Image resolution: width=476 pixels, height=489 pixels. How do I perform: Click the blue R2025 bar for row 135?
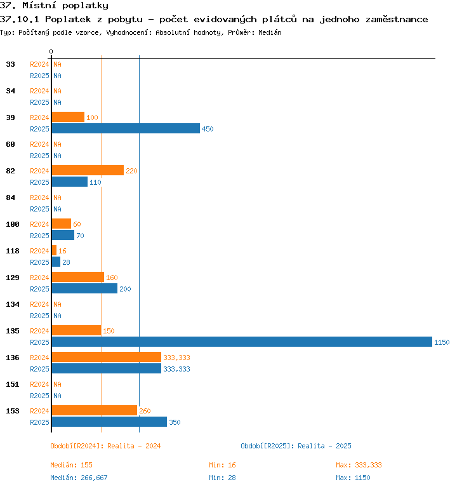click(x=242, y=342)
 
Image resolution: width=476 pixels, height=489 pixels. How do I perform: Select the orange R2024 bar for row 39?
click(x=68, y=117)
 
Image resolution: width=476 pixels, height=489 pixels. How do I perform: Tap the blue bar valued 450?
click(x=126, y=128)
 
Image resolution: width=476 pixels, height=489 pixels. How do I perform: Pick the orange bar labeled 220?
click(x=88, y=170)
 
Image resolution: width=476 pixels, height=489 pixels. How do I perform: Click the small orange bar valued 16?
click(x=54, y=250)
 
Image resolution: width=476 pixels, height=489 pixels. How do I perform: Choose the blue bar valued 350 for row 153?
click(x=109, y=422)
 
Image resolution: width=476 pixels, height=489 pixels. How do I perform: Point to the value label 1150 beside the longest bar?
click(x=442, y=342)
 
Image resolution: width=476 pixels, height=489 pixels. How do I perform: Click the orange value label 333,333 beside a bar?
click(x=176, y=358)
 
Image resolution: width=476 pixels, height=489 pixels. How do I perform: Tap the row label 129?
click(x=13, y=278)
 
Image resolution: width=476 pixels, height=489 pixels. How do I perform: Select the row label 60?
click(x=10, y=144)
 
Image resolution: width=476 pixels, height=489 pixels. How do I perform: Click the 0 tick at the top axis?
click(x=51, y=51)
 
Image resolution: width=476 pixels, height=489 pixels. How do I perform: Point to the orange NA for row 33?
click(x=57, y=64)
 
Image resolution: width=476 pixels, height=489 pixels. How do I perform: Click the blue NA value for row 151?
click(x=57, y=396)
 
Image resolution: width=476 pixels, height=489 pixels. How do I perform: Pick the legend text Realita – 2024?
click(x=134, y=446)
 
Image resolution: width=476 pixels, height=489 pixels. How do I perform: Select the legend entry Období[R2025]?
click(x=267, y=446)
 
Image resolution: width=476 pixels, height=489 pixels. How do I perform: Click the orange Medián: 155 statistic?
click(x=71, y=465)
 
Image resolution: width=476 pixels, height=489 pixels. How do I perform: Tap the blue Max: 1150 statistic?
click(x=353, y=478)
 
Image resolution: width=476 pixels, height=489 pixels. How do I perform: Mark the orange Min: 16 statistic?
click(x=222, y=465)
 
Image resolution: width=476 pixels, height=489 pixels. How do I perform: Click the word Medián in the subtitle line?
click(x=270, y=32)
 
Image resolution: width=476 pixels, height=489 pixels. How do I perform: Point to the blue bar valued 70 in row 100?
click(x=63, y=235)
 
